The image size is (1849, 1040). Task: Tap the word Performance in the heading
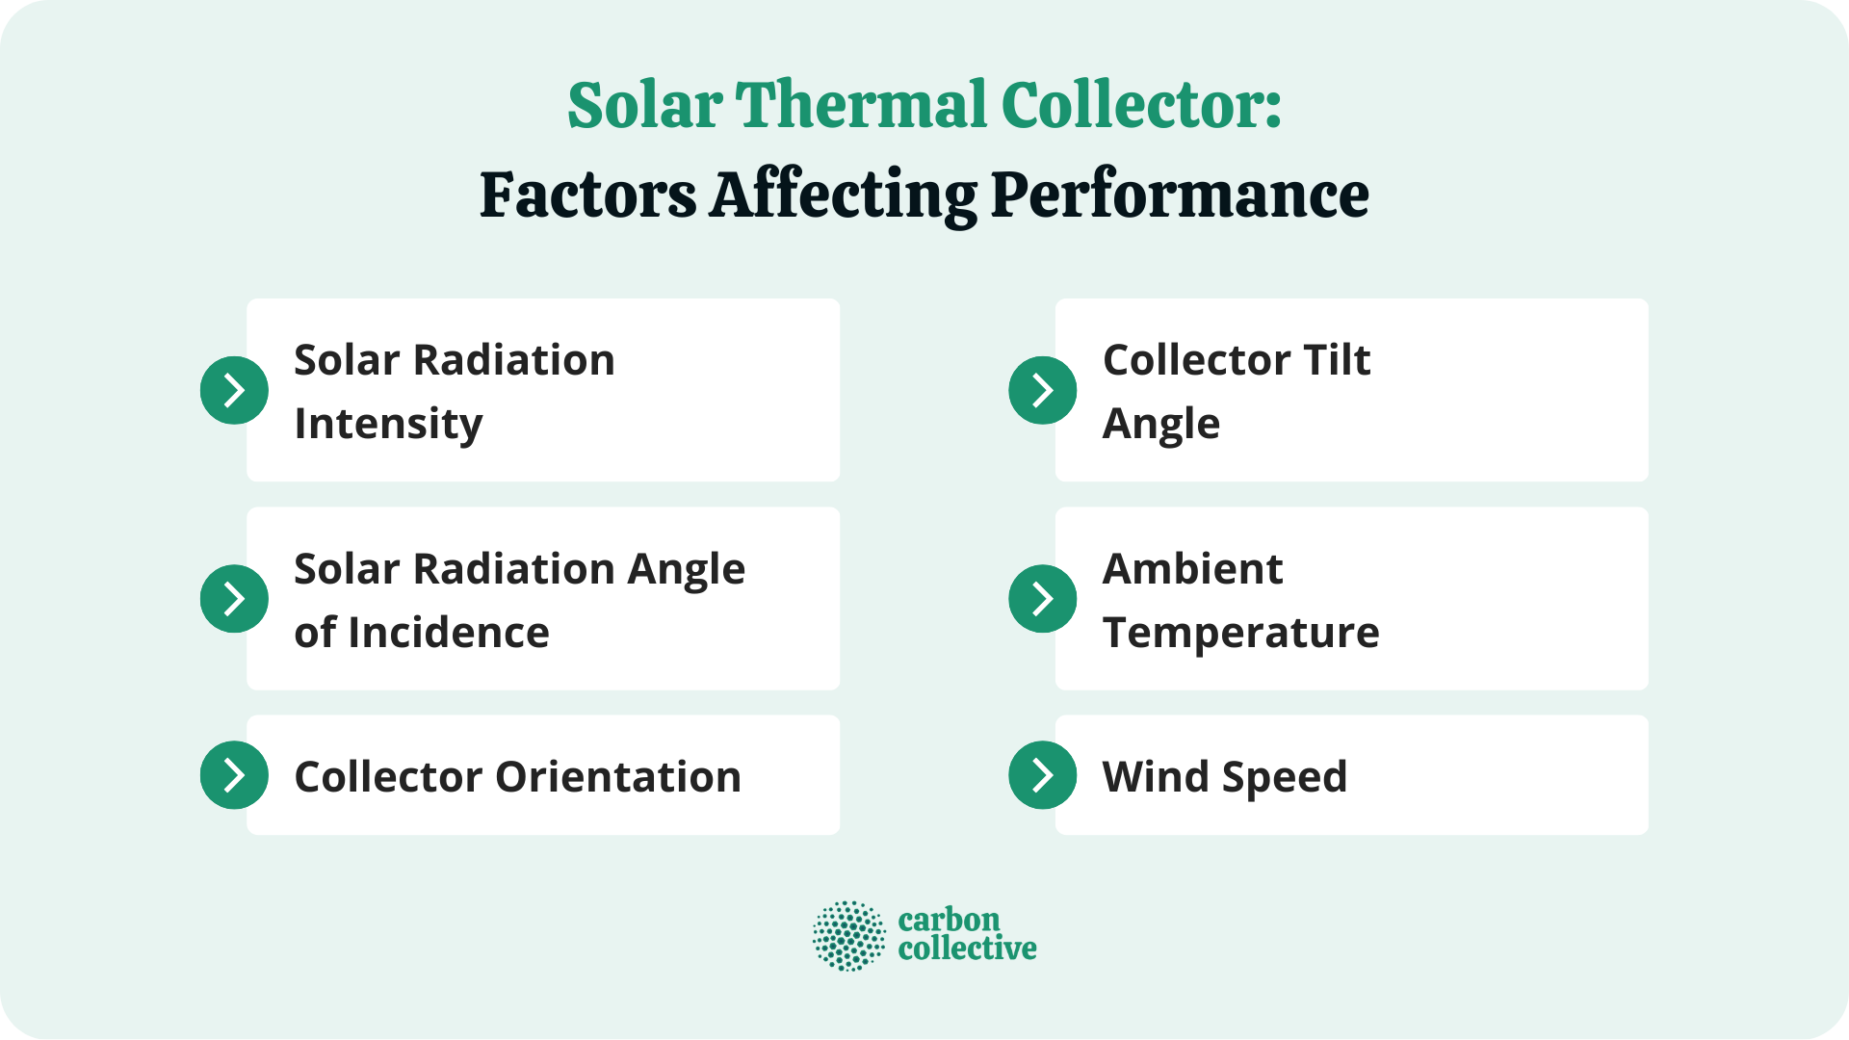(1179, 195)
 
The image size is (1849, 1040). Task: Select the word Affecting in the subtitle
(843, 195)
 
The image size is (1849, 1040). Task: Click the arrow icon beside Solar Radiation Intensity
(234, 390)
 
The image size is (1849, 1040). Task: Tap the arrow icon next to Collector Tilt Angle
(1042, 390)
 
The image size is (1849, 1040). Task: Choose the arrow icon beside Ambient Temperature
(1042, 598)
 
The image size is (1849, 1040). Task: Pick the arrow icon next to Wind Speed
(1042, 774)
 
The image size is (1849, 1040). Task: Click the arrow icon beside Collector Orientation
(234, 774)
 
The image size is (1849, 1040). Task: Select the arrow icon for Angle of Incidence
(234, 598)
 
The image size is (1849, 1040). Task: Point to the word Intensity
(388, 424)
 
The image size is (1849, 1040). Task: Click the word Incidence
(449, 633)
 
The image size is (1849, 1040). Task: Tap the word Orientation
(617, 777)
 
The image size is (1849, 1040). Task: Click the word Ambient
(1192, 569)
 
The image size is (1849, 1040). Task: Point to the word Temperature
(1240, 633)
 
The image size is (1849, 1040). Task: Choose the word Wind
(1154, 777)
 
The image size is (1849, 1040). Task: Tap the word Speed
(1285, 777)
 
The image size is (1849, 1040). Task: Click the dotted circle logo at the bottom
(848, 935)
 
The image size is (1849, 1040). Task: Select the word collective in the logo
(967, 949)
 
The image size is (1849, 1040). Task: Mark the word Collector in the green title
(1141, 105)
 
